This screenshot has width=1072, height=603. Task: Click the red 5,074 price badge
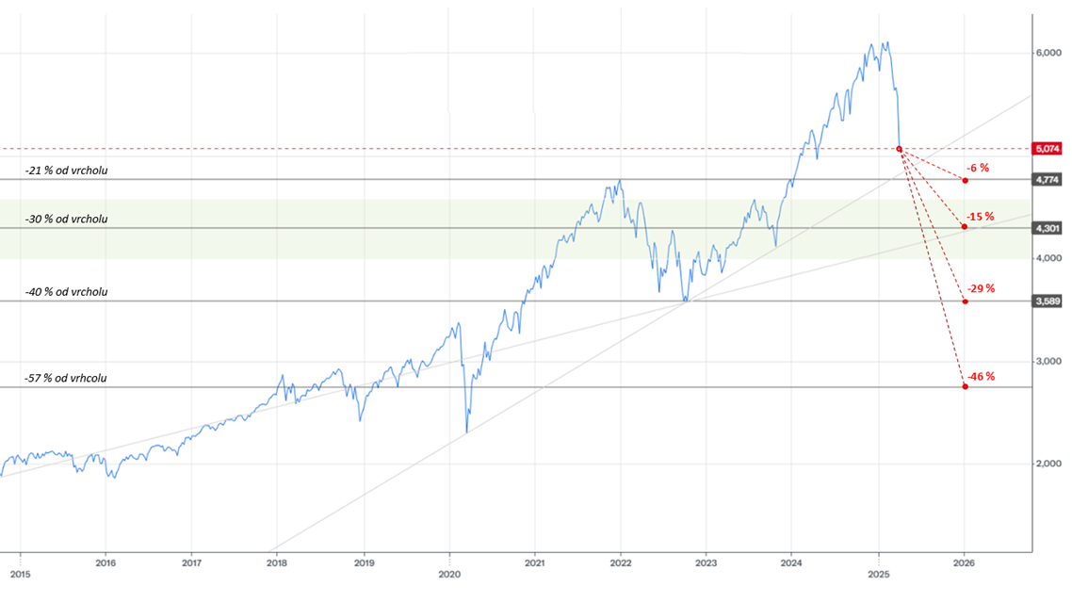point(1048,149)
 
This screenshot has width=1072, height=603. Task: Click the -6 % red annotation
point(978,168)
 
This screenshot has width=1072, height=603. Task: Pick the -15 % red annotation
point(981,217)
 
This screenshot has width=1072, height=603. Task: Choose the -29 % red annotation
point(981,288)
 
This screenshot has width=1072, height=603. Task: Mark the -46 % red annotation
point(981,376)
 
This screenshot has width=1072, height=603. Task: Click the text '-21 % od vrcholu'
point(66,170)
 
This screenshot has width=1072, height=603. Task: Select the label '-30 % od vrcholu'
point(66,219)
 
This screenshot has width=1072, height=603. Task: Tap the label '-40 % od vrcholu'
point(66,292)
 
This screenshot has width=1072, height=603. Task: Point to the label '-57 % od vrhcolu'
point(66,378)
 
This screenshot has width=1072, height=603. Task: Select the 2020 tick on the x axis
point(449,573)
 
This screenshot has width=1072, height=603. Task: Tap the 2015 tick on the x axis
point(20,573)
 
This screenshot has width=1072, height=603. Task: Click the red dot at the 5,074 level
point(900,149)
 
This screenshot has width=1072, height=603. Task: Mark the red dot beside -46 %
point(965,386)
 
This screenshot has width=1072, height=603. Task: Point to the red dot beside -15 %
point(965,227)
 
